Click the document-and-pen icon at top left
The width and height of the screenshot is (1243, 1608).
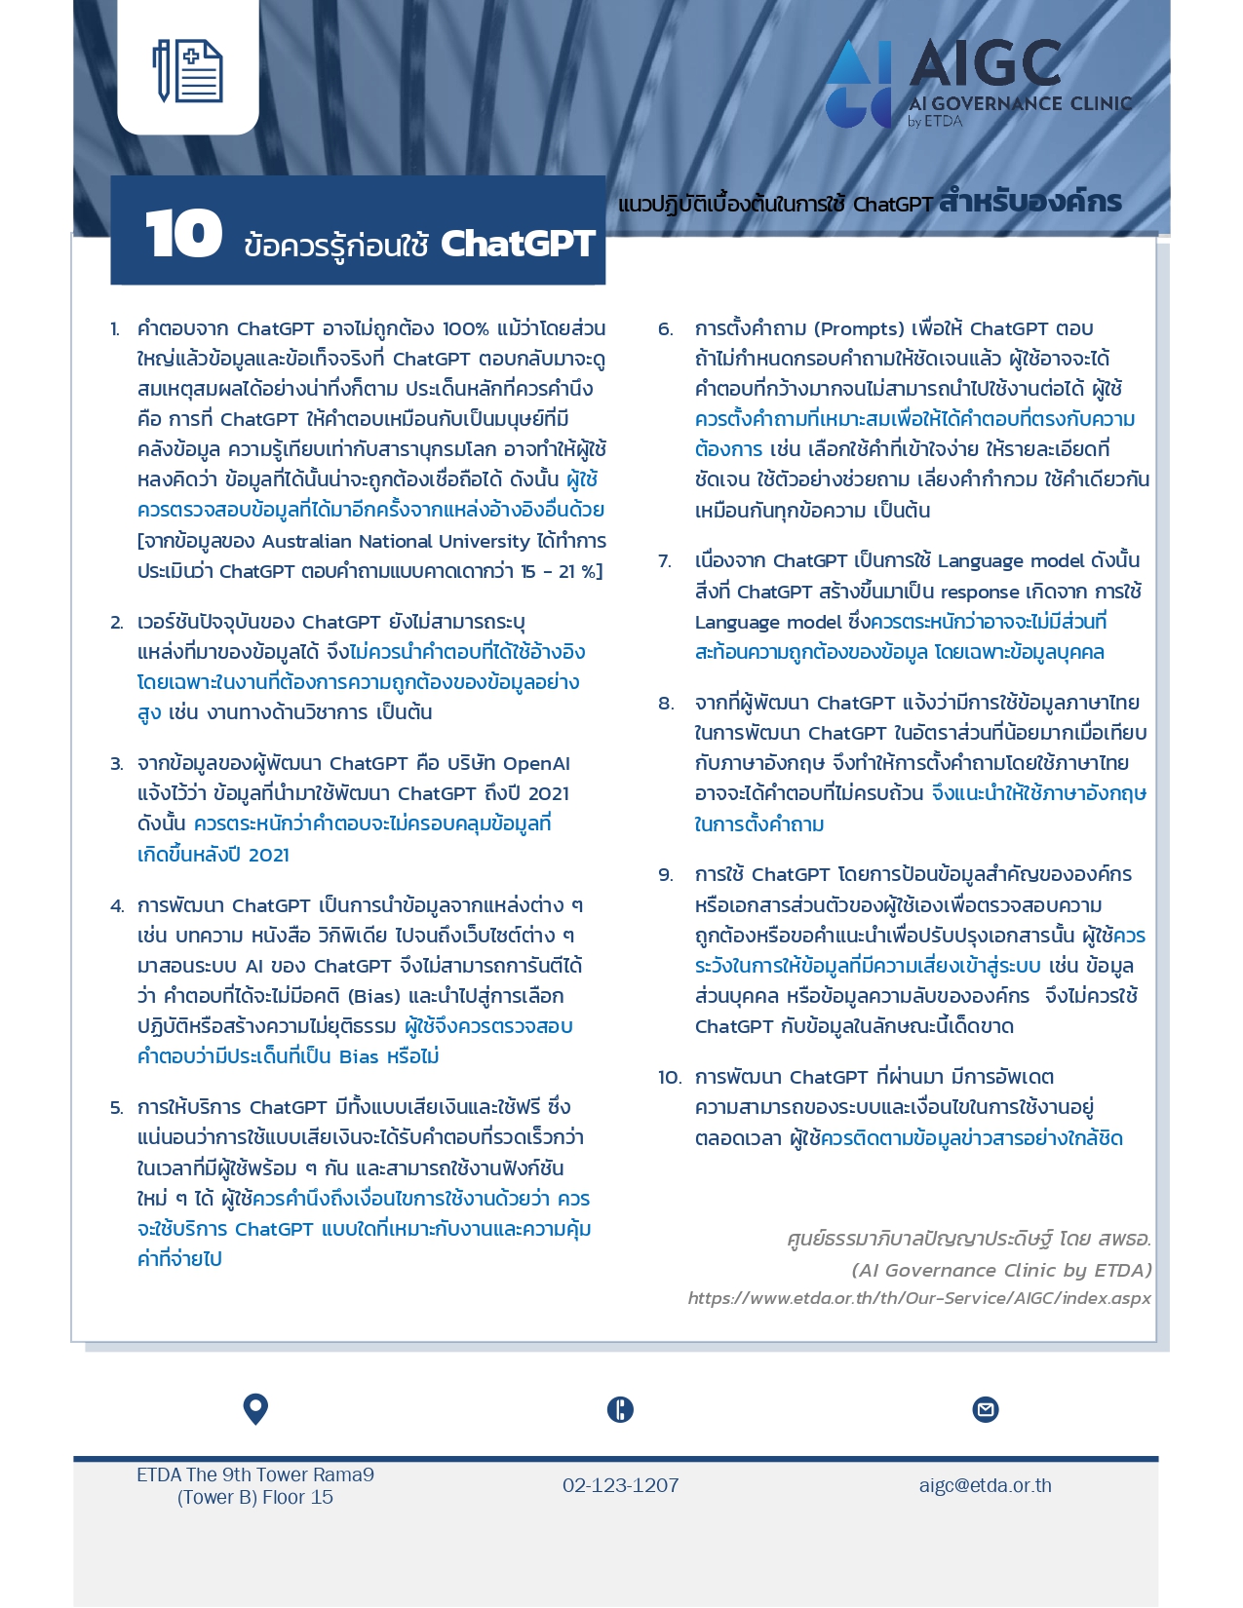click(188, 70)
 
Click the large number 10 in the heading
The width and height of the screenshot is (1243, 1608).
click(183, 235)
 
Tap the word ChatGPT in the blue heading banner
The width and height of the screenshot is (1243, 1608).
click(517, 244)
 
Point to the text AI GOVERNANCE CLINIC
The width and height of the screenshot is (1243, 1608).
click(1020, 103)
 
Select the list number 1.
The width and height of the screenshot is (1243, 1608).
click(115, 329)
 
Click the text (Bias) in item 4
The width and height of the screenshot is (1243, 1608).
click(363, 996)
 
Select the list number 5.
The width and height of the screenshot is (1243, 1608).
click(116, 1108)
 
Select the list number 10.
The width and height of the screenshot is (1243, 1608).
click(669, 1078)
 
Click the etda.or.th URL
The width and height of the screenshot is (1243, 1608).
click(918, 1298)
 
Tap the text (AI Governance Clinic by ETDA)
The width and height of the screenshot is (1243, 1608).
click(1000, 1270)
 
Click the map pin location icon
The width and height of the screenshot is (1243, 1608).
click(255, 1409)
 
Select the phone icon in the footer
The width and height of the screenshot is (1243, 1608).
click(620, 1409)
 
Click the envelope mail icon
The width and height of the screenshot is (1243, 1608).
click(986, 1409)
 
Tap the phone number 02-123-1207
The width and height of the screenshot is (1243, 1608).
click(620, 1485)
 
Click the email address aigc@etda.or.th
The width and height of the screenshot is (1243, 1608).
click(985, 1485)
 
